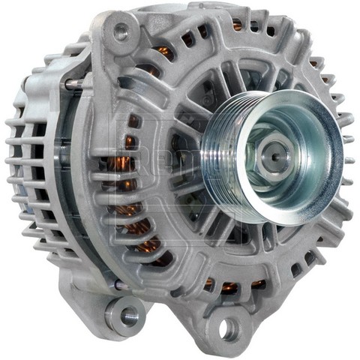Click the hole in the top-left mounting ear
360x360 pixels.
[x=119, y=31]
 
